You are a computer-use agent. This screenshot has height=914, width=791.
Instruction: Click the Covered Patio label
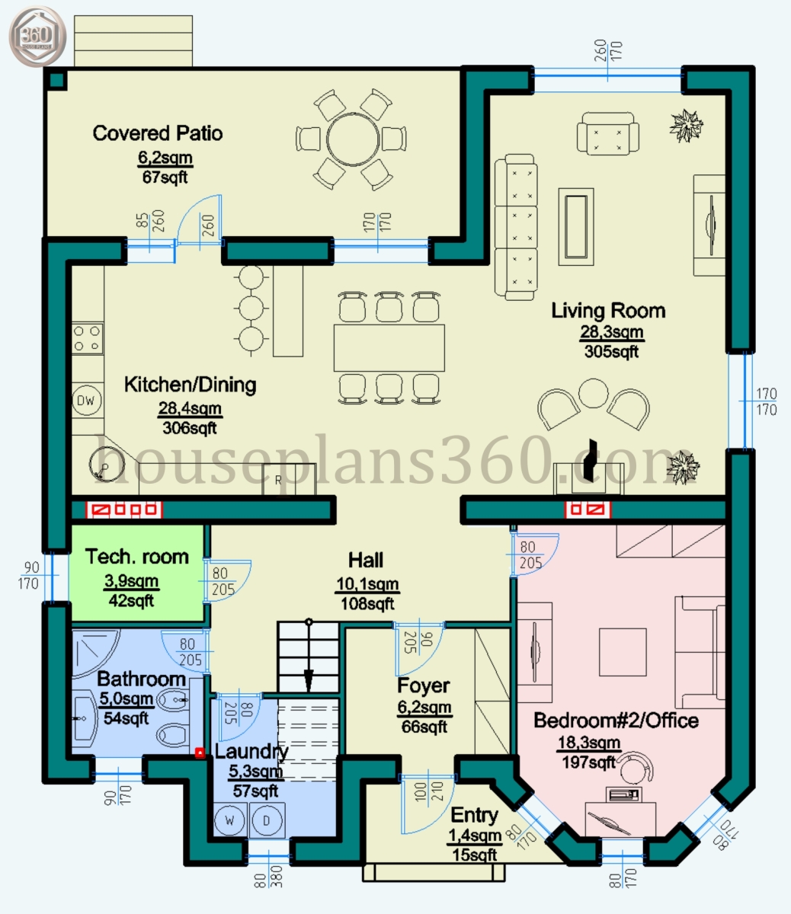coord(158,133)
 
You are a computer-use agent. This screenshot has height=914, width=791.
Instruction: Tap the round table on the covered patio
coord(353,139)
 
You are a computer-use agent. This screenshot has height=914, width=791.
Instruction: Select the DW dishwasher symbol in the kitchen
coord(86,401)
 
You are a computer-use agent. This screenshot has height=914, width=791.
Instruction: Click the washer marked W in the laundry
coord(229,821)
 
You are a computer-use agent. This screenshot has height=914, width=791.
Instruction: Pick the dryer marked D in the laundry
coord(267,821)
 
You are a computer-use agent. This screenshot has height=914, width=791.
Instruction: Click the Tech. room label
coord(137,556)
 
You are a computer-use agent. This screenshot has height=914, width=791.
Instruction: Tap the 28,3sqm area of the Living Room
coord(612,331)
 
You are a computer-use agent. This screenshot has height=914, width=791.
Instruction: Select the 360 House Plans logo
coord(37,37)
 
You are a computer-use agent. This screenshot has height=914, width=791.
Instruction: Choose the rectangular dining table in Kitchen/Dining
coord(389,348)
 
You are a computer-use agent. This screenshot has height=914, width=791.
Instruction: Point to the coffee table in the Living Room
coord(576,227)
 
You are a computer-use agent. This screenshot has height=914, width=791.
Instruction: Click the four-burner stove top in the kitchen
coord(87,339)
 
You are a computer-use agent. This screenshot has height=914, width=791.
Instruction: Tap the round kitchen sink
coord(107,465)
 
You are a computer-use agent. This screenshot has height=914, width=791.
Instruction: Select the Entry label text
coord(474,815)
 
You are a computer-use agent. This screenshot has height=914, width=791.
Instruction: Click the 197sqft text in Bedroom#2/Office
coord(588,762)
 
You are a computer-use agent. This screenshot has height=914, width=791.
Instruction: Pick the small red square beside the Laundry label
coord(200,753)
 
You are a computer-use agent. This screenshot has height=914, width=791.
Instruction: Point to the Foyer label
coord(424,685)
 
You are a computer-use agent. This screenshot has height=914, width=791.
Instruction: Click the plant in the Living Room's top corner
coord(686,126)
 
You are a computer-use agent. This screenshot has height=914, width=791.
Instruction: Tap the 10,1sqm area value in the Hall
coord(367,583)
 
